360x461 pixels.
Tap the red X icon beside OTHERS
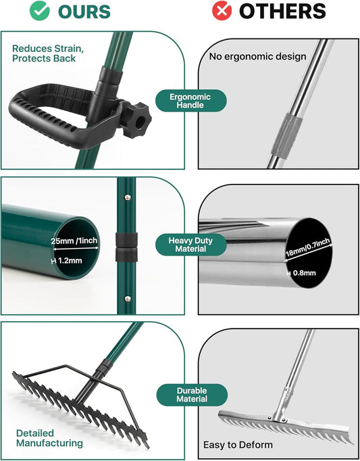click(x=221, y=11)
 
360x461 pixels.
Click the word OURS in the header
click(x=84, y=11)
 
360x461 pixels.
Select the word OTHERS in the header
click(x=282, y=11)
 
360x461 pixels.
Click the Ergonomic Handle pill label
click(x=190, y=101)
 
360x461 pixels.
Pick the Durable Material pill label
click(x=191, y=395)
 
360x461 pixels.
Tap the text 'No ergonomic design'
click(x=257, y=57)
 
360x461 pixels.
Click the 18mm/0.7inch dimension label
click(x=307, y=246)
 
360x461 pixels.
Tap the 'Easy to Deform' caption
click(x=238, y=445)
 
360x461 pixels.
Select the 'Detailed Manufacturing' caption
click(x=50, y=437)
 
